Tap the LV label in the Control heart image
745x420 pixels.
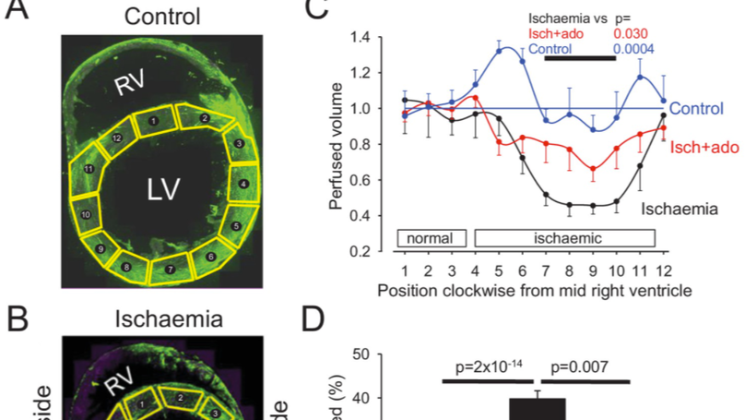pos(162,189)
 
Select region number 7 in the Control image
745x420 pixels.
pos(170,269)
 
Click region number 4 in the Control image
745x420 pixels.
pos(243,185)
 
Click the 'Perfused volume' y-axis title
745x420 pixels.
pos(337,143)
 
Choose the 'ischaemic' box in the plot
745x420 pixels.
pos(564,237)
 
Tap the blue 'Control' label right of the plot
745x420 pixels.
pos(695,108)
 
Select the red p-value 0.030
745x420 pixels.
pos(629,32)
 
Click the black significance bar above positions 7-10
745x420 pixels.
pos(580,58)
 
